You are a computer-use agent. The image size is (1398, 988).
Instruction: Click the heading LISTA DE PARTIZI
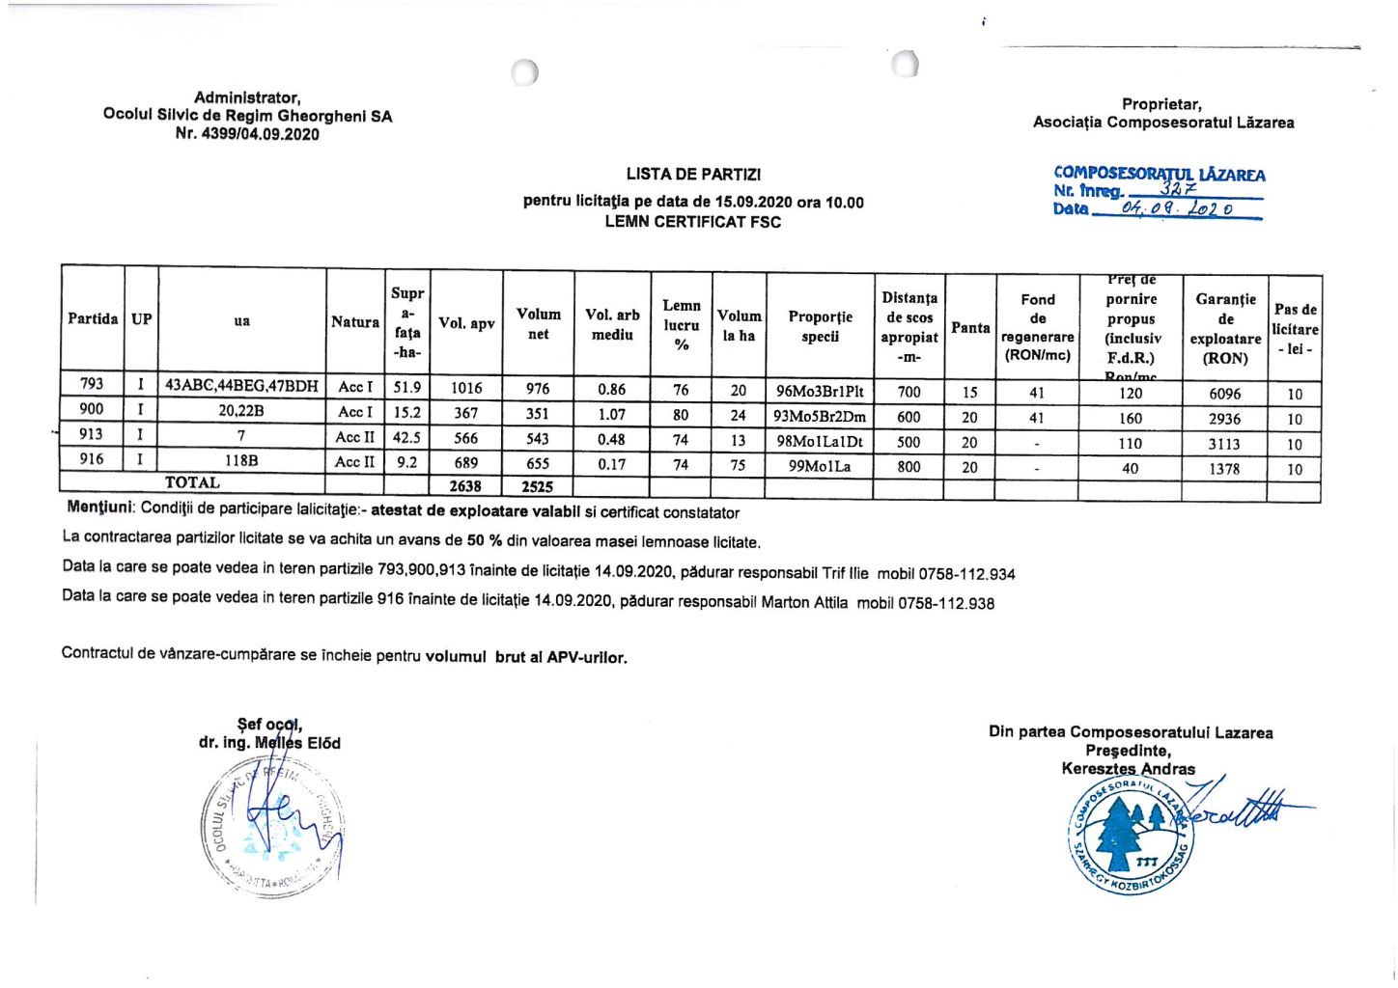[692, 175]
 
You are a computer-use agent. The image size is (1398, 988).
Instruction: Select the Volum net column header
[538, 324]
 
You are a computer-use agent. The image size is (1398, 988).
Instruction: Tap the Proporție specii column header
[820, 326]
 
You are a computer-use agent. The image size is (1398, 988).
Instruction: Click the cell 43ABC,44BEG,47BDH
[241, 386]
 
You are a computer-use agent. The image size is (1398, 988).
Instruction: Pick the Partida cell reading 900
[92, 410]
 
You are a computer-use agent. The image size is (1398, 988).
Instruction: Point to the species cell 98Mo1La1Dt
[820, 442]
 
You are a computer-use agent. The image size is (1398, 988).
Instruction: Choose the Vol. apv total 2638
[465, 486]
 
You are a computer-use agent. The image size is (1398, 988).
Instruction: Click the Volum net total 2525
[537, 486]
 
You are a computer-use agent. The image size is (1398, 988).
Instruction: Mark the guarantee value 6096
[1224, 394]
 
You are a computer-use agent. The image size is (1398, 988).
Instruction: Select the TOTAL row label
[192, 482]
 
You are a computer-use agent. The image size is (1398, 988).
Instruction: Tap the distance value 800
[909, 467]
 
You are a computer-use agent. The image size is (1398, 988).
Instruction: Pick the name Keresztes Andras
[1128, 769]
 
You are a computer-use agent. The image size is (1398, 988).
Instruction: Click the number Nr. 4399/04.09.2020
[247, 134]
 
